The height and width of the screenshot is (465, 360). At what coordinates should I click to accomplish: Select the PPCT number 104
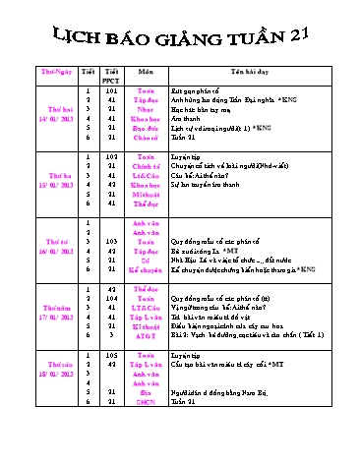coord(111,299)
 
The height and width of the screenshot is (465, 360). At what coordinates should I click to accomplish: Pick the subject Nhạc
coord(146,115)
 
